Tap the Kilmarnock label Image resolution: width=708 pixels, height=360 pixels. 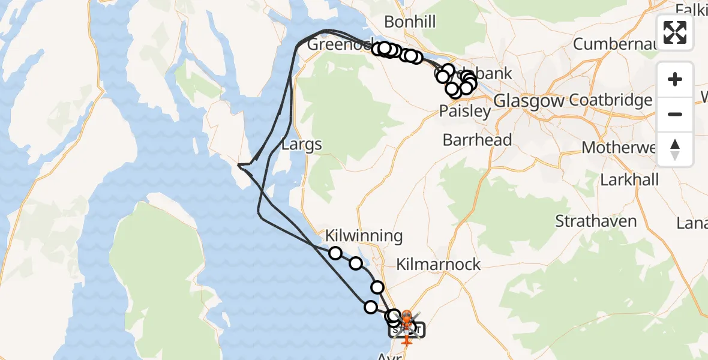(x=439, y=264)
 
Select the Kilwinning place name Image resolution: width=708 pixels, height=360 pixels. (x=364, y=236)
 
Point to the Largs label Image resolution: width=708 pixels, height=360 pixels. (x=302, y=144)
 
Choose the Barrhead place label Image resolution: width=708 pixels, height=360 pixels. (x=477, y=140)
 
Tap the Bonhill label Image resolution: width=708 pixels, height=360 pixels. (x=410, y=22)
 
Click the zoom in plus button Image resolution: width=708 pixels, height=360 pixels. (x=675, y=79)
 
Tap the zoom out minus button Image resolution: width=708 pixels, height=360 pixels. (x=675, y=114)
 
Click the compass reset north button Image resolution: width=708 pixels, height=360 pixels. (x=675, y=149)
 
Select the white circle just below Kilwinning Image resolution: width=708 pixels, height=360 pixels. (x=335, y=253)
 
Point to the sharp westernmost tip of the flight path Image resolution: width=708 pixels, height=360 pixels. (x=238, y=164)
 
